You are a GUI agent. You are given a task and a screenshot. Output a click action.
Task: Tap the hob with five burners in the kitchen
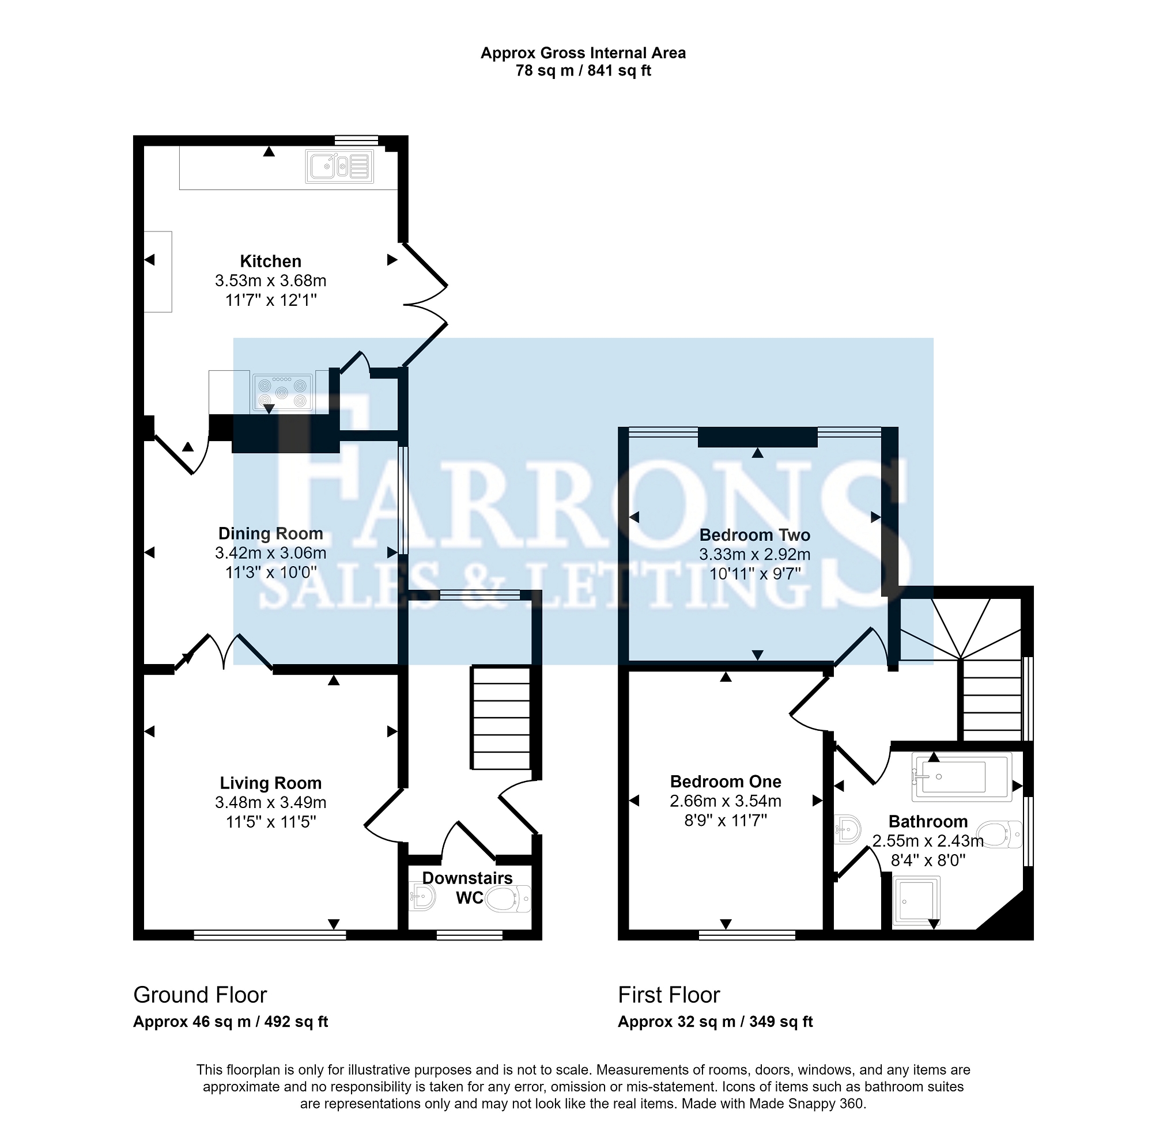[283, 392]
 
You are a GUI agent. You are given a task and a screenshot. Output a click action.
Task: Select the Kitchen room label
[271, 261]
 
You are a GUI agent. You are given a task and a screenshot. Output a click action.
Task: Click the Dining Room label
[271, 534]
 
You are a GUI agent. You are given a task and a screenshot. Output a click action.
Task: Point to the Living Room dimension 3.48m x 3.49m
[271, 802]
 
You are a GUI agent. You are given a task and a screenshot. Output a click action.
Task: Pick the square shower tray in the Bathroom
[916, 901]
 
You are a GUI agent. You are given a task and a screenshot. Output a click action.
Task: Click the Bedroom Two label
[754, 535]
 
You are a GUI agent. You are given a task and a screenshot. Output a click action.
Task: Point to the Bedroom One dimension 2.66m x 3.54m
[726, 801]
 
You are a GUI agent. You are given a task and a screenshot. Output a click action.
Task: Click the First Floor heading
[669, 995]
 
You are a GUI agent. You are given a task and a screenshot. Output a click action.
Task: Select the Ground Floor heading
[200, 995]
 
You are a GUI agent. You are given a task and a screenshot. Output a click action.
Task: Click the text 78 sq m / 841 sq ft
[583, 71]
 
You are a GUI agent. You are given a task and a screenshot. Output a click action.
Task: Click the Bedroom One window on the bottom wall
[747, 935]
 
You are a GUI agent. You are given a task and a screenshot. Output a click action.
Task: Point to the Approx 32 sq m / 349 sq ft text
[715, 1022]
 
